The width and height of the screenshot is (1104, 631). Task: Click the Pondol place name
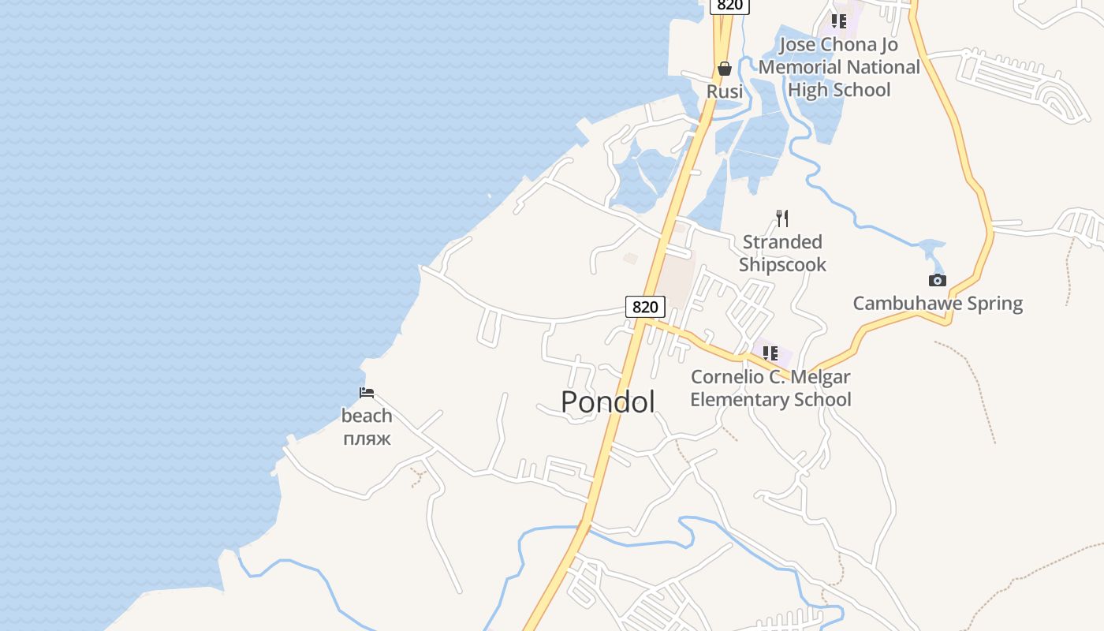607,402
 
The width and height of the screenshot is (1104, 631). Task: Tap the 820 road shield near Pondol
645,306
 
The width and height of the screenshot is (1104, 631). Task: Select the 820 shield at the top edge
729,6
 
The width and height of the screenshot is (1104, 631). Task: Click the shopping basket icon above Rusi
725,69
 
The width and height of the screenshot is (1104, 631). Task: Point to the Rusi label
724,91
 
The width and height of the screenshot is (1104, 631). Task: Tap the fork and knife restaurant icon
782,218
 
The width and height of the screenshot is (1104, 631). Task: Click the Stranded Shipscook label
782,253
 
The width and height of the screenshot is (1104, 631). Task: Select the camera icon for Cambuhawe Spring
937,280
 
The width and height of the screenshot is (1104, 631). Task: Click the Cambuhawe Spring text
938,304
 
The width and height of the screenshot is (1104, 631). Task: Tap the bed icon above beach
367,393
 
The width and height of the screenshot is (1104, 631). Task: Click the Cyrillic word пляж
367,439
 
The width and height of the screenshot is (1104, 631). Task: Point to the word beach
367,416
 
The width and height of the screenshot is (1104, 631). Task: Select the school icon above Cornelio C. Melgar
770,353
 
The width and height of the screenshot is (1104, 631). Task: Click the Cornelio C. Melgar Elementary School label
770,388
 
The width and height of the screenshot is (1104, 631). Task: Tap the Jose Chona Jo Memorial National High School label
839,67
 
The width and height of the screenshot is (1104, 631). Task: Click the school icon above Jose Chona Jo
838,21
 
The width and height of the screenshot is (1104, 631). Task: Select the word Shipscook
782,265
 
